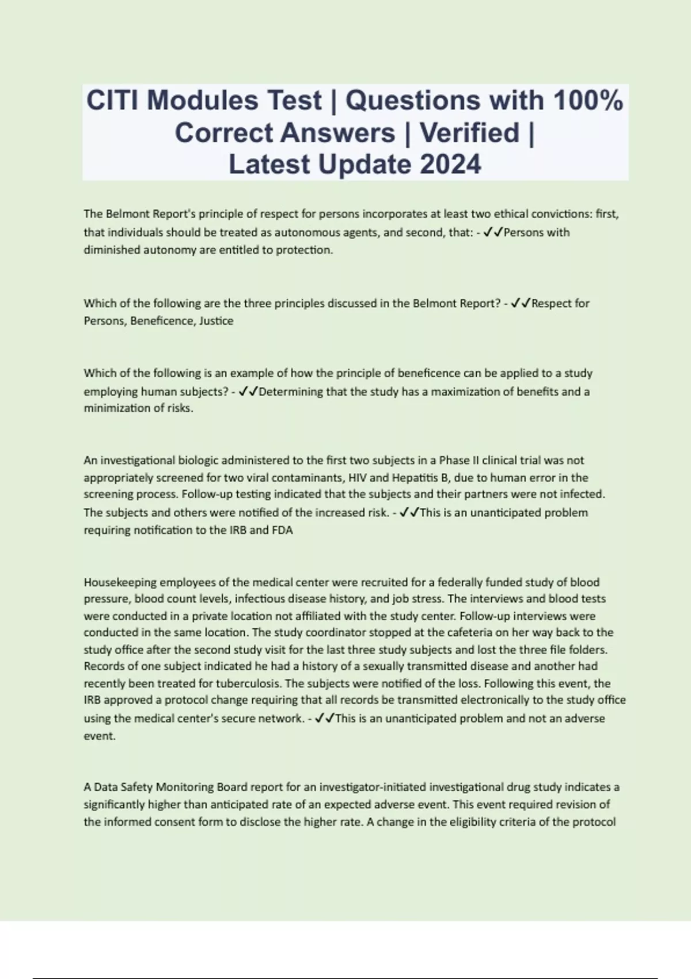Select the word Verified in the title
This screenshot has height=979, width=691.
pos(469,133)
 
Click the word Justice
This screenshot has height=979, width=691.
pos(216,321)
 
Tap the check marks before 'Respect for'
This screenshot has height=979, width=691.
pos(521,303)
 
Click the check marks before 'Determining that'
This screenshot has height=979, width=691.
pos(248,392)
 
